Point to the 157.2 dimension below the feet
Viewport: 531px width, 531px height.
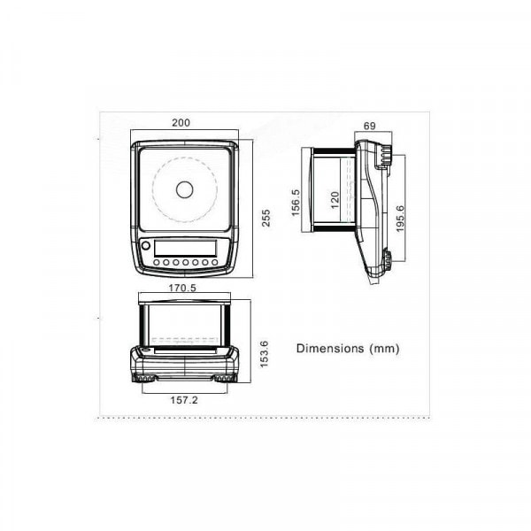(x=183, y=399)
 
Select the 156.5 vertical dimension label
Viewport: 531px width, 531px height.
(x=296, y=203)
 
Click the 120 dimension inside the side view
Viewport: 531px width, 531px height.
(x=335, y=199)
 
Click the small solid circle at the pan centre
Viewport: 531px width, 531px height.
(x=184, y=189)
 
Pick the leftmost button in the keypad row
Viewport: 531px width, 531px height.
(x=157, y=262)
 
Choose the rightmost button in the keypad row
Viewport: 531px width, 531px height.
(x=214, y=262)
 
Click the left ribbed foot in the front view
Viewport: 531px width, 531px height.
(x=146, y=378)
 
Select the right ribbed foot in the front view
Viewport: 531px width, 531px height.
(x=221, y=378)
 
